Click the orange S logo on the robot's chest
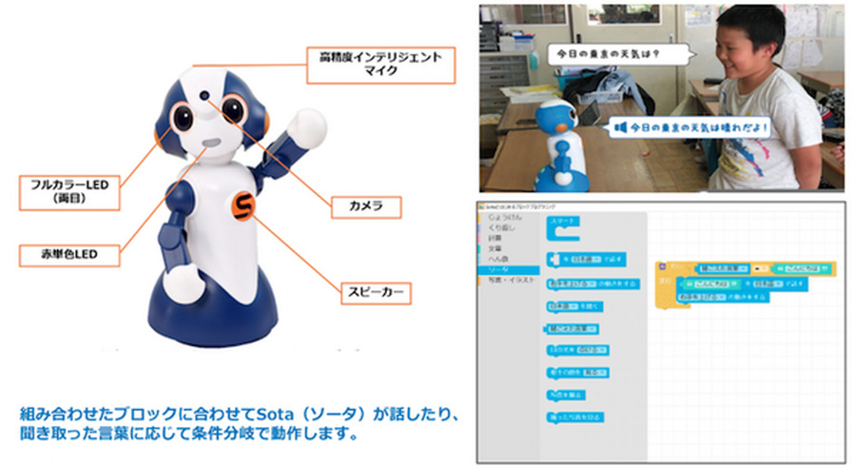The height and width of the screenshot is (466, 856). (x=243, y=206)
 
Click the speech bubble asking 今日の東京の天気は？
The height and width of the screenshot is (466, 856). (x=605, y=53)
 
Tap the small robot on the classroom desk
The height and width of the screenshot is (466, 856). (x=558, y=138)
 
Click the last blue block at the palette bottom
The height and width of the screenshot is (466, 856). (x=576, y=417)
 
